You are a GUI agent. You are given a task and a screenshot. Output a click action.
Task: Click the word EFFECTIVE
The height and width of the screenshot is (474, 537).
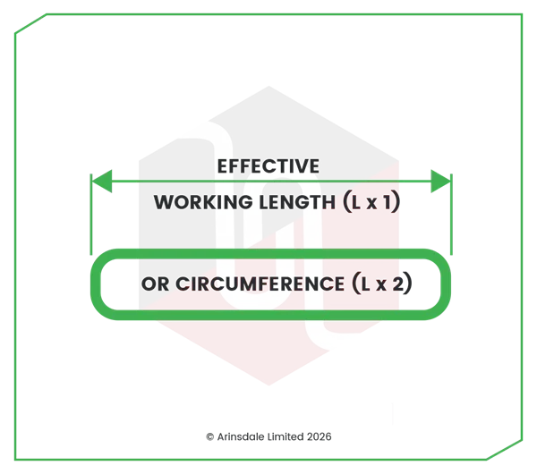click(268, 166)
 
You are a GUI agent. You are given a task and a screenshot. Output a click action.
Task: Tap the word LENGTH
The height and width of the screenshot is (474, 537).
click(297, 202)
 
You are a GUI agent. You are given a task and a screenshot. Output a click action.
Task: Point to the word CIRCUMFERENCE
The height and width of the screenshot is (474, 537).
click(260, 284)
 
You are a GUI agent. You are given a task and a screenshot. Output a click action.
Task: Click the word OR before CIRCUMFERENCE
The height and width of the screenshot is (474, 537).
click(155, 284)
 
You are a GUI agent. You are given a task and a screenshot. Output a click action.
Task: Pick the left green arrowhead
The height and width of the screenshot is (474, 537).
click(102, 181)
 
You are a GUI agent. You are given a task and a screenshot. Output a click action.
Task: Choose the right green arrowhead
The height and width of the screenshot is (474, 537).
click(440, 181)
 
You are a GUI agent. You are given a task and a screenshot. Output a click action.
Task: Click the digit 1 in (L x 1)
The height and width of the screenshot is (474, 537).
click(387, 202)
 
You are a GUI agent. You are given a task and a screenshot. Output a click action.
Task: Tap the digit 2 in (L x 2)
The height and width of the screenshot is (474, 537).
click(397, 284)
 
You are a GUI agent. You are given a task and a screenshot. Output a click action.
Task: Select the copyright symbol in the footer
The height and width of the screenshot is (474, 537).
click(210, 436)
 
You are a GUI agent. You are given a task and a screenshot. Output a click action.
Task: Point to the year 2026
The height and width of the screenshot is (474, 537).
click(320, 436)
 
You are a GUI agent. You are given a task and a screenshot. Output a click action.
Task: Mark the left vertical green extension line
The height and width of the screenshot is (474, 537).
click(91, 215)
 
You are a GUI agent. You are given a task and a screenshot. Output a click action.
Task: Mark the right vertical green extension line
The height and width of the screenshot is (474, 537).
click(451, 215)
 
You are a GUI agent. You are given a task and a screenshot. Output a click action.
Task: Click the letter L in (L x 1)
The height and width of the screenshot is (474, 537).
click(356, 202)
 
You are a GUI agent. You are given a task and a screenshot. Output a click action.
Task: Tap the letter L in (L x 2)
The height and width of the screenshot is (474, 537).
click(366, 284)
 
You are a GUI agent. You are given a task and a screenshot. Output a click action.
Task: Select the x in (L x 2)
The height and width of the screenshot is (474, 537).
click(381, 285)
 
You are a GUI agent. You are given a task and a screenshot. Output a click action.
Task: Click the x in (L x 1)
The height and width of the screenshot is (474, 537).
click(371, 204)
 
